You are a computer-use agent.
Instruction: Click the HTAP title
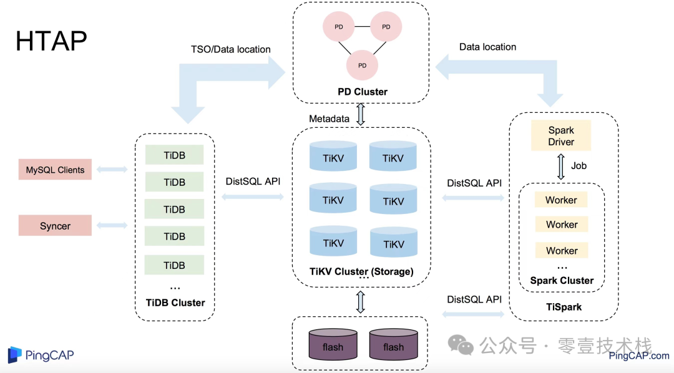pyautogui.click(x=51, y=41)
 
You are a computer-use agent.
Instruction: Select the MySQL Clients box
pyautogui.click(x=55, y=169)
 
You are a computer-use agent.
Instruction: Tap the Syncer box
pyautogui.click(x=55, y=226)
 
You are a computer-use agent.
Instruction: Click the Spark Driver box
pyautogui.click(x=561, y=136)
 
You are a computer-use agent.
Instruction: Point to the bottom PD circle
pyautogui.click(x=363, y=65)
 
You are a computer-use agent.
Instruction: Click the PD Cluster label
pyautogui.click(x=363, y=92)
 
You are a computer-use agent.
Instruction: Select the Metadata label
pyautogui.click(x=330, y=119)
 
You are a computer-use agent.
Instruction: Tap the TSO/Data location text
pyautogui.click(x=231, y=49)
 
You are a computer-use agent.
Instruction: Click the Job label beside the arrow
pyautogui.click(x=579, y=165)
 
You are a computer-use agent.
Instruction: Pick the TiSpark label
pyautogui.click(x=564, y=307)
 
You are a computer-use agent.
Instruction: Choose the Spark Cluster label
pyautogui.click(x=562, y=281)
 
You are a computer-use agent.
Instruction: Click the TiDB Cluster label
pyautogui.click(x=175, y=303)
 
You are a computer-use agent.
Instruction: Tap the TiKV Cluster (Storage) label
pyautogui.click(x=361, y=271)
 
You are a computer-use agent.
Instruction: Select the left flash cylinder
pyautogui.click(x=333, y=344)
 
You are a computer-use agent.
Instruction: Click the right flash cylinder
pyautogui.click(x=393, y=344)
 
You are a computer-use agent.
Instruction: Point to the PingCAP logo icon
pyautogui.click(x=14, y=354)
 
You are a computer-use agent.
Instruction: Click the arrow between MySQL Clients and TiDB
pyautogui.click(x=112, y=169)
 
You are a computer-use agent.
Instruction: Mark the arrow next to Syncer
pyautogui.click(x=112, y=225)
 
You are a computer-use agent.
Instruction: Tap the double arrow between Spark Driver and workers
pyautogui.click(x=560, y=167)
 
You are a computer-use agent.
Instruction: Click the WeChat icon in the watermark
pyautogui.click(x=461, y=345)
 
